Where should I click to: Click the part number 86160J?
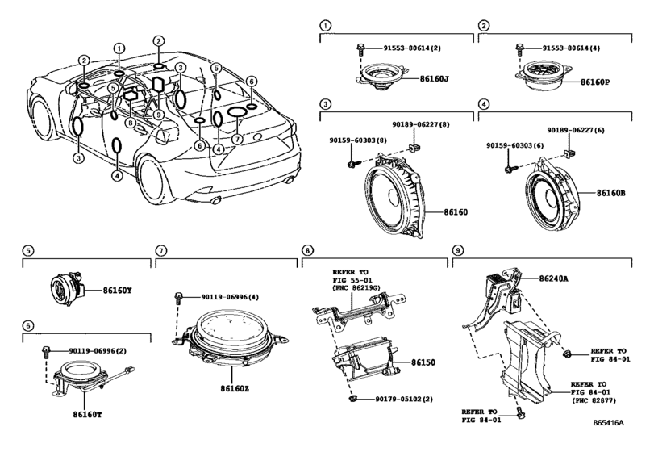click(x=434, y=78)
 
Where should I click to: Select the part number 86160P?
click(x=595, y=82)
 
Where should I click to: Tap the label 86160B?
click(x=610, y=193)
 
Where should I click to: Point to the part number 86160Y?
click(x=117, y=290)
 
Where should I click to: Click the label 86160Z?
click(x=235, y=388)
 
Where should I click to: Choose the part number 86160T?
click(x=87, y=414)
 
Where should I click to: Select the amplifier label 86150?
click(x=423, y=362)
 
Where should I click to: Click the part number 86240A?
click(x=553, y=278)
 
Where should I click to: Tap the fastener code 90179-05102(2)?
click(x=404, y=399)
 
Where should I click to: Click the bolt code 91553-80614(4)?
click(x=571, y=48)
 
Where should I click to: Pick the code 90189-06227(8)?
click(x=420, y=124)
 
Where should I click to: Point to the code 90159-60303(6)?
click(x=515, y=145)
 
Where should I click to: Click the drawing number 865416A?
click(x=609, y=422)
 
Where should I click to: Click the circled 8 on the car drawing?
click(x=131, y=123)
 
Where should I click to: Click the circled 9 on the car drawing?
click(x=158, y=114)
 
